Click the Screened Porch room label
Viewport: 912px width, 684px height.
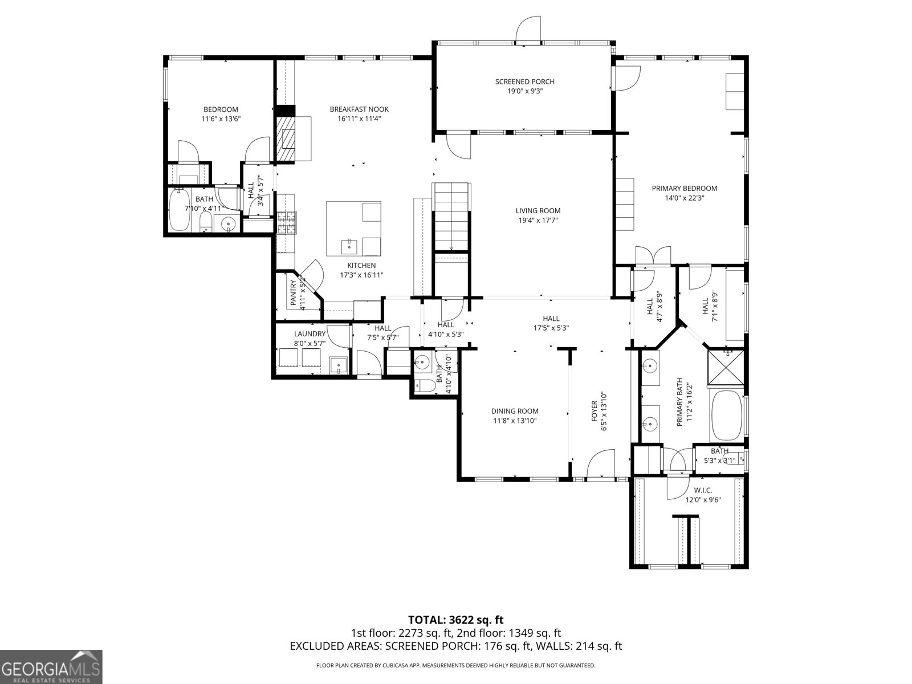(524, 82)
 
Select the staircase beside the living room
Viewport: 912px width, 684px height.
(451, 217)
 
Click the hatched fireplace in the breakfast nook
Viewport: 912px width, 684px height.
(286, 139)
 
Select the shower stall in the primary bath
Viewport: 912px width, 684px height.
(726, 368)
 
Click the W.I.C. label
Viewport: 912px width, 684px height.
(703, 490)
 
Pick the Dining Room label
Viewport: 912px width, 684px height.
(515, 411)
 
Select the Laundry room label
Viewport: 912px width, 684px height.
(310, 334)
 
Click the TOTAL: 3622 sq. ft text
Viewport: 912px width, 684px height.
(455, 620)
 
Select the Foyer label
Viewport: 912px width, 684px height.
(595, 410)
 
